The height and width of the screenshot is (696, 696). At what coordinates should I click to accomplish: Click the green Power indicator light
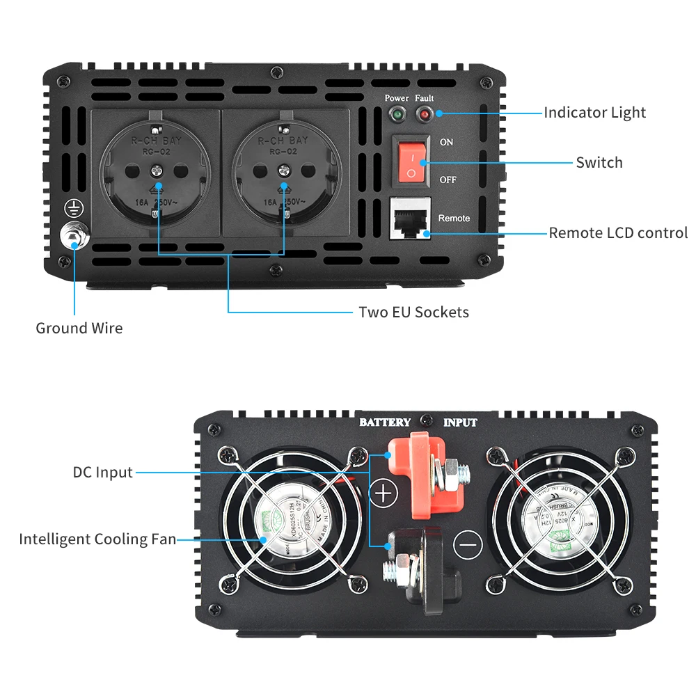click(397, 113)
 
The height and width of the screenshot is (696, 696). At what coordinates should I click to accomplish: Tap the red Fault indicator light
click(423, 113)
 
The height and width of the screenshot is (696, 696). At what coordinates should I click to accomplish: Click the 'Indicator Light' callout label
click(594, 113)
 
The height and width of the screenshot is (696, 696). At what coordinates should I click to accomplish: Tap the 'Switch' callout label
click(599, 163)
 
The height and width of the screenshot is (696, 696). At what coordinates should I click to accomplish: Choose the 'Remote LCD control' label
click(618, 233)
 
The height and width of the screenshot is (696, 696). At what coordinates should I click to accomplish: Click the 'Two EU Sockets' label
click(413, 312)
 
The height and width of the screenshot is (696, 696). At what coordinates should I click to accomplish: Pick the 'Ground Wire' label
click(79, 329)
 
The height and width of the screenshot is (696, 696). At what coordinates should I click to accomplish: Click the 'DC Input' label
click(102, 473)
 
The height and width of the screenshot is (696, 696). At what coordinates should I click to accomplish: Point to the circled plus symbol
click(383, 493)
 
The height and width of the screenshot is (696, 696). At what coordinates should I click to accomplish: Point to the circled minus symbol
click(467, 544)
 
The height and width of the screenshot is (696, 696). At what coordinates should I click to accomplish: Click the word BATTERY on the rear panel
click(385, 422)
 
